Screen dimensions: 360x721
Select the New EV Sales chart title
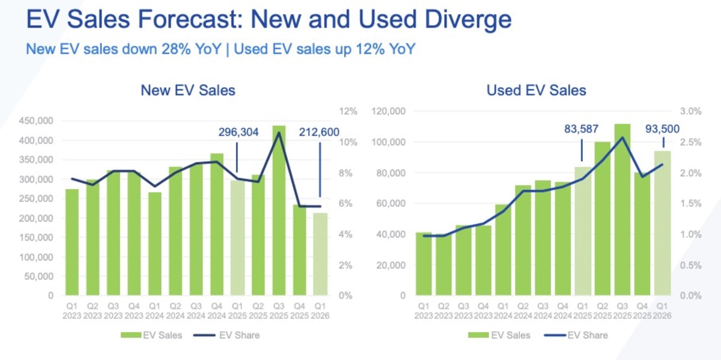(x=188, y=90)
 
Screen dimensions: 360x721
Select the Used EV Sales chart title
(x=537, y=90)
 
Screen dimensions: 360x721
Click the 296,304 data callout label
(x=237, y=132)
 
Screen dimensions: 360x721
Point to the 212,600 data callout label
(x=319, y=132)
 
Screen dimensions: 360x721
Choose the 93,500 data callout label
(x=663, y=128)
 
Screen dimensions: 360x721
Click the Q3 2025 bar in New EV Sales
(x=278, y=210)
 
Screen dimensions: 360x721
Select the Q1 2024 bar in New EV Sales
(x=155, y=243)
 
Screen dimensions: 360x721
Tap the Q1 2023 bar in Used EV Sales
(x=424, y=264)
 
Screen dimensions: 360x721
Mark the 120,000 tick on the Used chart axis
(x=390, y=111)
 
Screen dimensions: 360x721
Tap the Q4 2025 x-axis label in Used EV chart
(x=642, y=311)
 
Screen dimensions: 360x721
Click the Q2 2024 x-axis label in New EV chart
(x=175, y=311)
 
